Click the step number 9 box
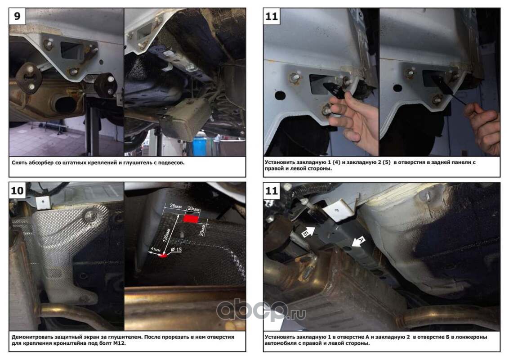[17, 16]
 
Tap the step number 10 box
[17, 190]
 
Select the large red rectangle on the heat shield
[191, 219]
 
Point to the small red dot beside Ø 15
[163, 256]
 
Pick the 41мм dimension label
[156, 250]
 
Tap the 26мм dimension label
[176, 206]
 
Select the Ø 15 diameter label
[176, 250]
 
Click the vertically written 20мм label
[202, 230]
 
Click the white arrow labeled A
[358, 241]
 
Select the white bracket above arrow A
[341, 210]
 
